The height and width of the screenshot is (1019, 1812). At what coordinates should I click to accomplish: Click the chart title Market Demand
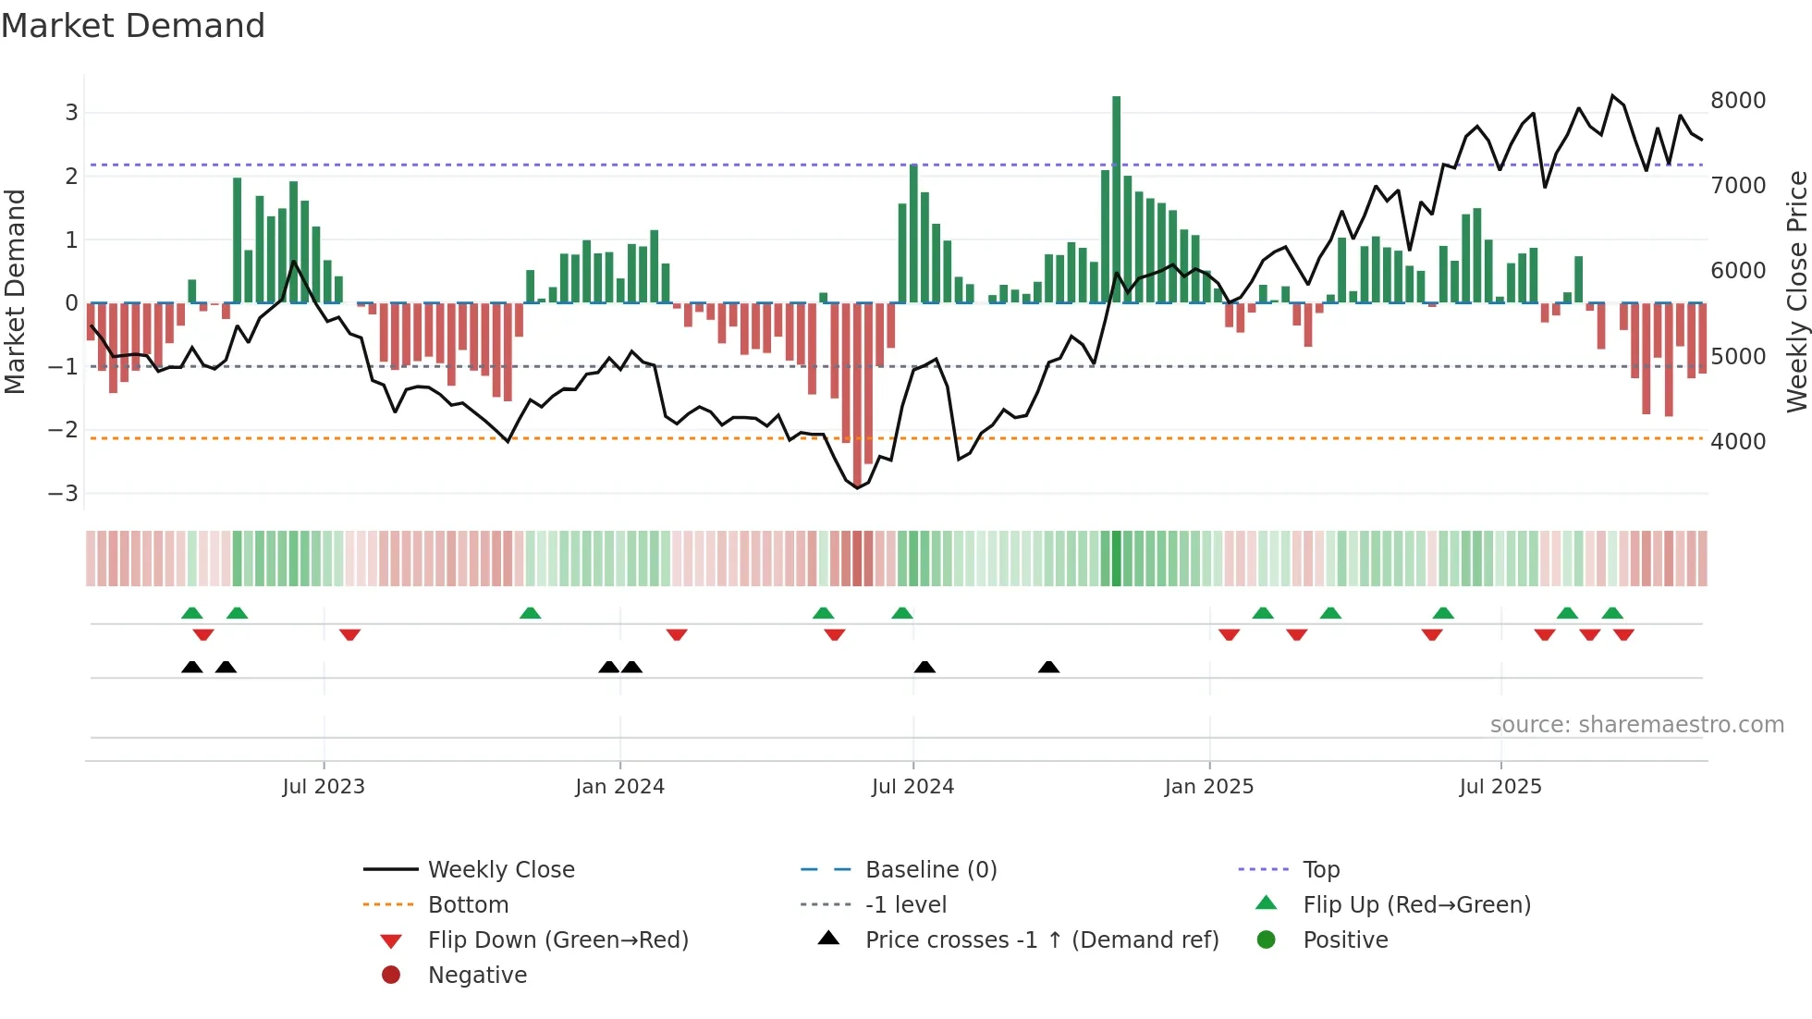click(x=133, y=26)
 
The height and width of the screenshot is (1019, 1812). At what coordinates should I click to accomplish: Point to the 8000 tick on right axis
click(x=1737, y=101)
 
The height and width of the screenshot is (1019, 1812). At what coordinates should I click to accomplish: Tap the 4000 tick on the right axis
click(x=1737, y=442)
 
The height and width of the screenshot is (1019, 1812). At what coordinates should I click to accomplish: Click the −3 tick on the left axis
click(x=64, y=494)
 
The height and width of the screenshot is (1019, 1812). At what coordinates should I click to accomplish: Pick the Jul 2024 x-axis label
click(x=912, y=787)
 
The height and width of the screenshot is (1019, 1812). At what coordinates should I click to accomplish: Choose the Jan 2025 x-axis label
click(x=1208, y=787)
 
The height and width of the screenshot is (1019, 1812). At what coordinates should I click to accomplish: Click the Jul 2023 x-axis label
click(x=324, y=787)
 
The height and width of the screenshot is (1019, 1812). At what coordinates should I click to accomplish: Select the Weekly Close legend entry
click(x=500, y=870)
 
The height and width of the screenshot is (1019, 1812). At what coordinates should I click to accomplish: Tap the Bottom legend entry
click(x=468, y=905)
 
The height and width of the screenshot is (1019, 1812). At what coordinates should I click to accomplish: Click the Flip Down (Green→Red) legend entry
click(x=557, y=940)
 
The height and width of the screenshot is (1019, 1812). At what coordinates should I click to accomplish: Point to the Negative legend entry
click(x=477, y=976)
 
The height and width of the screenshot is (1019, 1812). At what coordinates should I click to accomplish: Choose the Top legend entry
click(x=1320, y=870)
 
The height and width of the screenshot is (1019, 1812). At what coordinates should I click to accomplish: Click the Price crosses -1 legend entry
click(x=1041, y=940)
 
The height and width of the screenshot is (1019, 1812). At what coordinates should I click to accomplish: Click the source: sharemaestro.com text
click(x=1636, y=725)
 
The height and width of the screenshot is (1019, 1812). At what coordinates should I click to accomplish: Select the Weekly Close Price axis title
click(x=1796, y=291)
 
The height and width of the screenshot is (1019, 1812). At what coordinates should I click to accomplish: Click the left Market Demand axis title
click(x=16, y=291)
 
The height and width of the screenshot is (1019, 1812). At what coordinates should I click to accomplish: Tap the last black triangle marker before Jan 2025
click(x=1048, y=668)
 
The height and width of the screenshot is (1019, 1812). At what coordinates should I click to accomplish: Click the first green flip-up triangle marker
click(x=192, y=613)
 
